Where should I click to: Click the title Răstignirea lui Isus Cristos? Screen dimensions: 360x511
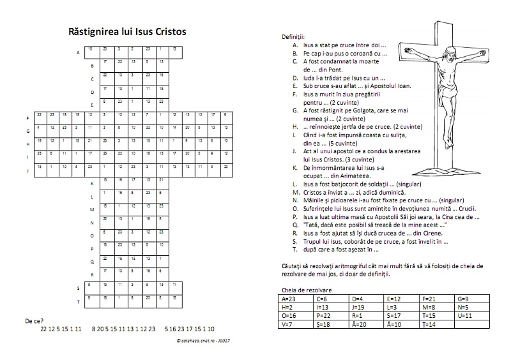[x=128, y=31]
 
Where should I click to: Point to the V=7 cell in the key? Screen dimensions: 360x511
[x=290, y=325]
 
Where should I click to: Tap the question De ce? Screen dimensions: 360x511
[x=34, y=320]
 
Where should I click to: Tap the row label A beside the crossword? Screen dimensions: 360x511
[x=77, y=53]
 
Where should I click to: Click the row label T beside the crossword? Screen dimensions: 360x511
[x=77, y=301]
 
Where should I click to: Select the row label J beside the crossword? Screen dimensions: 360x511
[x=27, y=171]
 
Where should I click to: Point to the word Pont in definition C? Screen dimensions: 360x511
[x=339, y=70]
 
